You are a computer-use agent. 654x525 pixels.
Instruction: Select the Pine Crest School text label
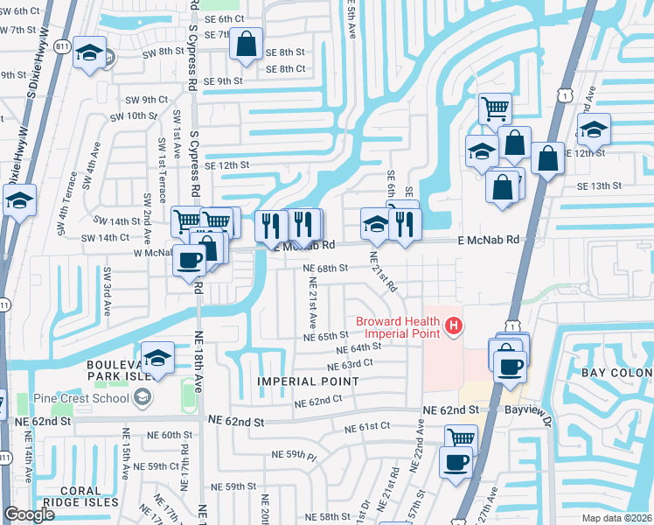coord(81,399)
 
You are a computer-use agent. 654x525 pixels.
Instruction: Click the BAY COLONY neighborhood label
coord(617,374)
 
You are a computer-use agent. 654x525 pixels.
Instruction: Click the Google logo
coord(29,514)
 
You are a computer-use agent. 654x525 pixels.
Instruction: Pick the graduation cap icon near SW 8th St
coord(89,52)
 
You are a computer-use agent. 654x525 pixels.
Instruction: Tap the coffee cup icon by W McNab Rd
coord(189,260)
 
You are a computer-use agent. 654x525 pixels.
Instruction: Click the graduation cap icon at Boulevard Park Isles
coord(157,358)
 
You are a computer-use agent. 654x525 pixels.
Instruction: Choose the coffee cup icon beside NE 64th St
coord(510,364)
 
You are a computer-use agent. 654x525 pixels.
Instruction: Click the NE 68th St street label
coord(325,268)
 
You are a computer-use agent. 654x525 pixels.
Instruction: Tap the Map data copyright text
coord(617,517)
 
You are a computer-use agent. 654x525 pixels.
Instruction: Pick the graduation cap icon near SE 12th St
coord(594,129)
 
